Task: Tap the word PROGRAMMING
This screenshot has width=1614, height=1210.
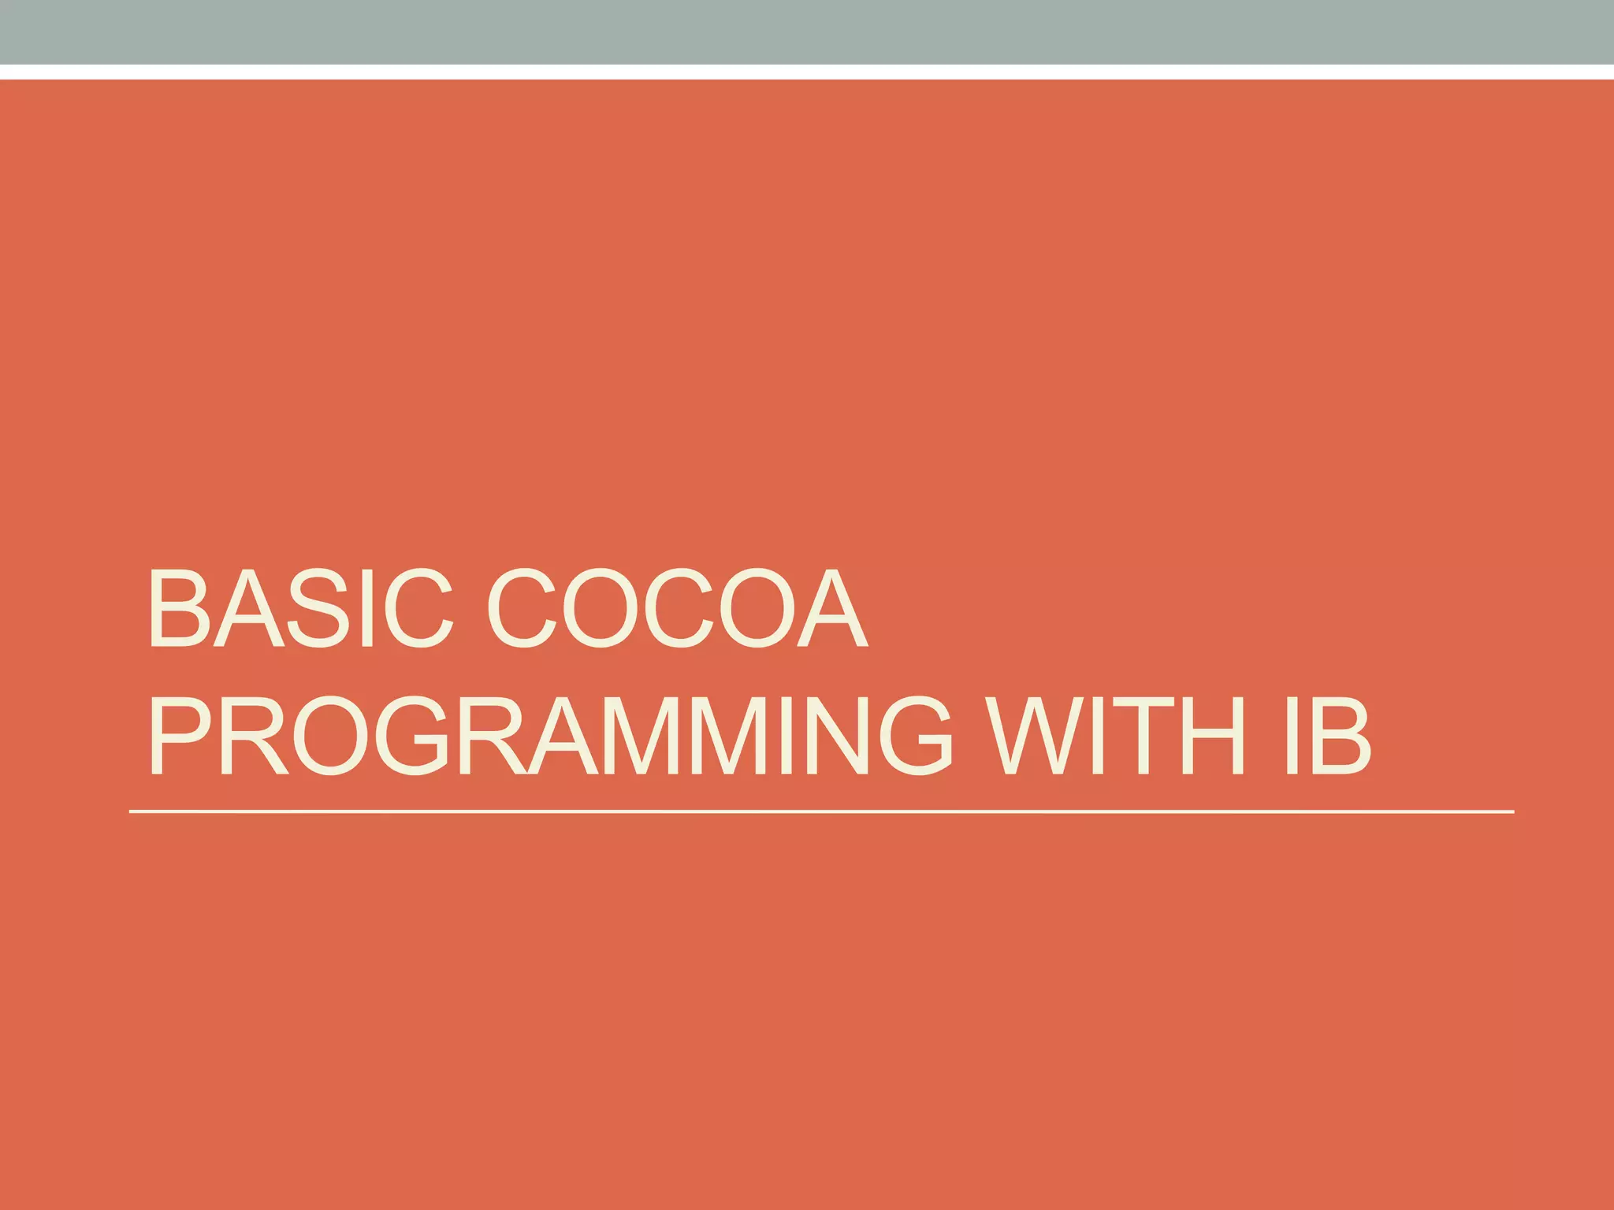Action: pyautogui.click(x=549, y=736)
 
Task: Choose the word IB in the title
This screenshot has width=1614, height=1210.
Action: pyautogui.click(x=1327, y=736)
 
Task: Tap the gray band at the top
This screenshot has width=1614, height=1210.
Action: pyautogui.click(x=807, y=32)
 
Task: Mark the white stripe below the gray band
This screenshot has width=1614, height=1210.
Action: pyautogui.click(x=807, y=72)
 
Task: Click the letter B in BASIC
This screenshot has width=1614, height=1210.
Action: pyautogui.click(x=179, y=608)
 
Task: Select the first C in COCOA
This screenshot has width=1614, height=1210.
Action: pyautogui.click(x=522, y=608)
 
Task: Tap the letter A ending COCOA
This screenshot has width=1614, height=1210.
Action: pyautogui.click(x=833, y=608)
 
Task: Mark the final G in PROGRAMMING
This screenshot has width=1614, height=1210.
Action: pyautogui.click(x=916, y=736)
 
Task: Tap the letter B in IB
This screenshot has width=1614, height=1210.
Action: pyautogui.click(x=1340, y=736)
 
